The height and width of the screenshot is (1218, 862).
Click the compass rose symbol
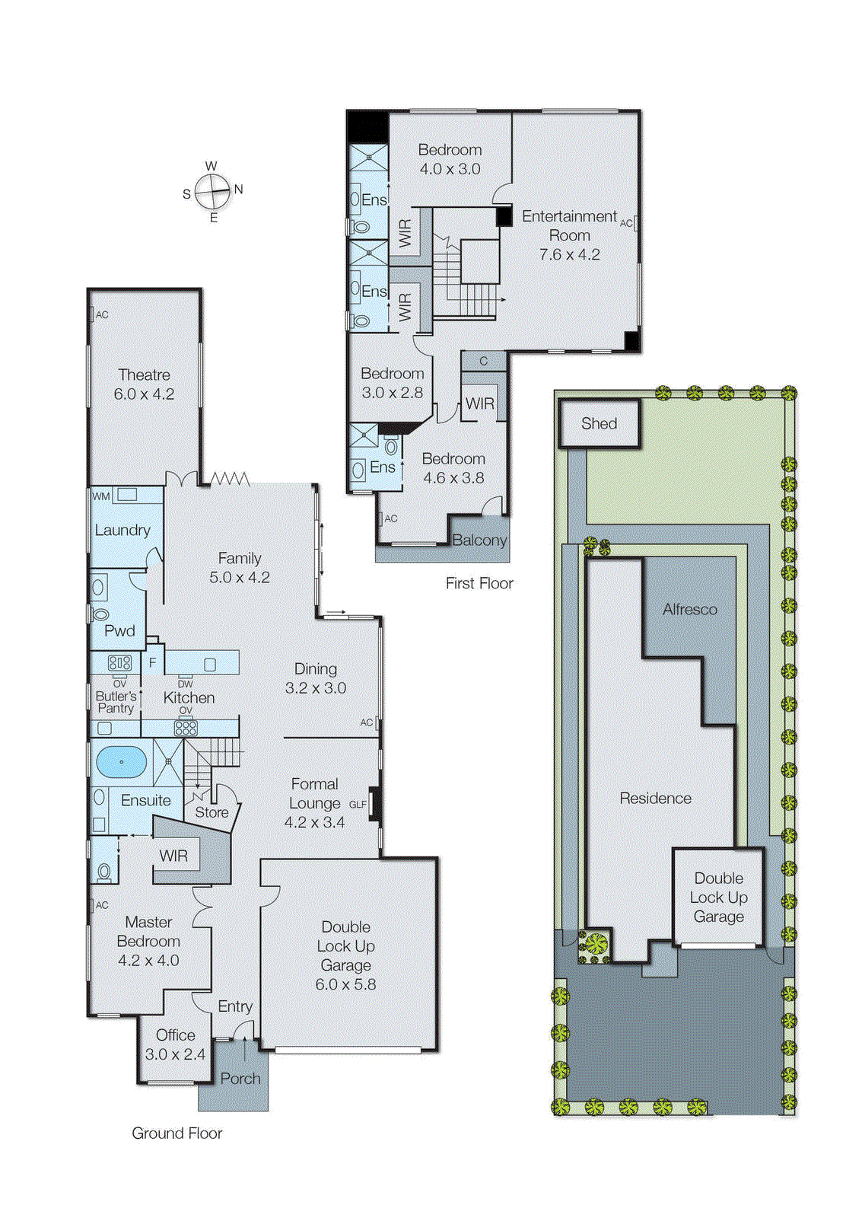pos(212,192)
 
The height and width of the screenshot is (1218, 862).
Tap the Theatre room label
pos(144,375)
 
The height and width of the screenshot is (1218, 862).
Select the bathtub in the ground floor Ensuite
pos(121,761)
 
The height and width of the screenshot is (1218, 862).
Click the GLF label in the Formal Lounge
pos(358,804)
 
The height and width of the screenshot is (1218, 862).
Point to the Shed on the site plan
pos(599,424)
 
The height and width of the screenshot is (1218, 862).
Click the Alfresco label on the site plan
pos(689,609)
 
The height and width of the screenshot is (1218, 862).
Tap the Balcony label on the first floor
pos(479,540)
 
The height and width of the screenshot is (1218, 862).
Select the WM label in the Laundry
pos(101,496)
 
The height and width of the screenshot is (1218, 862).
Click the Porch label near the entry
pos(240,1079)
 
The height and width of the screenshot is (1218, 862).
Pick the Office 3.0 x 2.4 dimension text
pos(175,1054)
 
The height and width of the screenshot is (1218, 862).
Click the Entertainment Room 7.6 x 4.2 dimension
pos(569,255)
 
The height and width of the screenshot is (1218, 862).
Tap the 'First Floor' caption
pos(479,583)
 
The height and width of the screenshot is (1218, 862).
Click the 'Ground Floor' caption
pos(177,1134)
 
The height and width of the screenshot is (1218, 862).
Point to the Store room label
pos(212,812)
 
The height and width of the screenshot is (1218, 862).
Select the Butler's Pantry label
pos(116,702)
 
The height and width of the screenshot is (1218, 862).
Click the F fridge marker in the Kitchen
pos(152,663)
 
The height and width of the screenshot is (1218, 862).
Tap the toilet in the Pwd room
pos(100,614)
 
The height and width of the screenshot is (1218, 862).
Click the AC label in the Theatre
pos(101,314)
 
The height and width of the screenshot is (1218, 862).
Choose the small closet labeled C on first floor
pos(483,361)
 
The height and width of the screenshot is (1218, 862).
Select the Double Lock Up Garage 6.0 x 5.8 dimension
pos(345,984)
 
